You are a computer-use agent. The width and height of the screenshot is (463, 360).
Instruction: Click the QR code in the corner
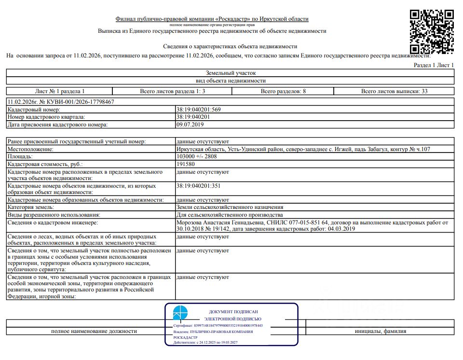pos(432,31)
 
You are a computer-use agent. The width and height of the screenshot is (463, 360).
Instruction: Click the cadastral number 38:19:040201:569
pos(199,110)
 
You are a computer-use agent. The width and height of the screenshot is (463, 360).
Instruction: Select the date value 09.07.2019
pos(191,125)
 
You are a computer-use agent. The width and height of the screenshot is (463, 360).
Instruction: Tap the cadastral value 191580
pos(186,164)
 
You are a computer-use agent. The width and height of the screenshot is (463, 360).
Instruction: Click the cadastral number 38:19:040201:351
pos(199,185)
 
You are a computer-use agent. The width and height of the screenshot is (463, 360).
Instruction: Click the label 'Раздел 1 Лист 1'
pos(434,65)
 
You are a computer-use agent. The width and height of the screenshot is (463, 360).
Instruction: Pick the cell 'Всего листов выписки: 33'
pos(394,91)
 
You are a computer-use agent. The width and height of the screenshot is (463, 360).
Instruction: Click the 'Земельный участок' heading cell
pos(231,72)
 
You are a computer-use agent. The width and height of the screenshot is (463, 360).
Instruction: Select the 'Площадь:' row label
pos(20,157)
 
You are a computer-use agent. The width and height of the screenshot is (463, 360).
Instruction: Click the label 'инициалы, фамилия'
pos(380,332)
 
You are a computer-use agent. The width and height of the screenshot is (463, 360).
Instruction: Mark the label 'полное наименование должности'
pos(94,332)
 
